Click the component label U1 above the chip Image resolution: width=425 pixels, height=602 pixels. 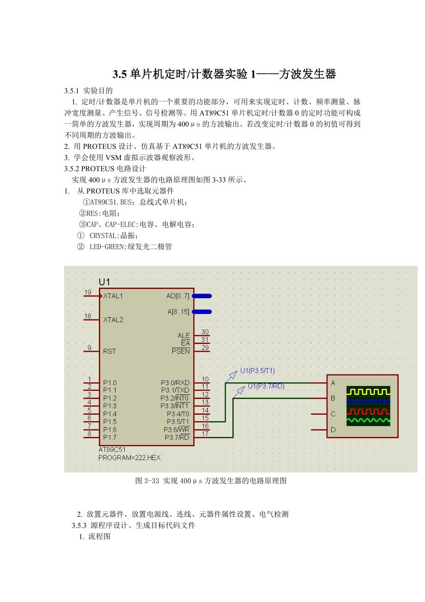(104, 282)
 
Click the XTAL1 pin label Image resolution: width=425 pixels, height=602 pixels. (113, 296)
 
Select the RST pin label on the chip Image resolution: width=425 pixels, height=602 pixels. (109, 351)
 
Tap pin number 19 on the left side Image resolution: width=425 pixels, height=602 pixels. (87, 292)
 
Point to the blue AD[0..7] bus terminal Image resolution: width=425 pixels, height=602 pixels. (201, 296)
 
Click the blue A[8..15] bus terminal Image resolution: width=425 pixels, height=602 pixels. (201, 312)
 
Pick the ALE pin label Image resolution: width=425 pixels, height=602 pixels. (184, 336)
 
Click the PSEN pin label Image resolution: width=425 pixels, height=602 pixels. (181, 351)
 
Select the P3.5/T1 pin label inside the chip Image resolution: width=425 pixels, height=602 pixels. (178, 422)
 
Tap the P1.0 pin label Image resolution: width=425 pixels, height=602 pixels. (110, 383)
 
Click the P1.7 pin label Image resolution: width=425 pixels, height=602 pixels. (110, 437)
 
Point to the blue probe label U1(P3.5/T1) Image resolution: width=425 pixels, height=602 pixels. (257, 371)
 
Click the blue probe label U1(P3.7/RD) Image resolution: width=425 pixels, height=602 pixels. (266, 386)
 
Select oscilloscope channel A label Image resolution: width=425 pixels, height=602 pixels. (333, 383)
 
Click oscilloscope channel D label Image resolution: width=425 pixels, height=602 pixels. (333, 430)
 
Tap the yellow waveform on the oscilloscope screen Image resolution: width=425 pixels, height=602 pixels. (368, 392)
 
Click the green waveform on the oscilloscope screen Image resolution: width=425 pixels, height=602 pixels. (368, 420)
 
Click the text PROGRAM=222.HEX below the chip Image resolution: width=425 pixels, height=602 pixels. (130, 457)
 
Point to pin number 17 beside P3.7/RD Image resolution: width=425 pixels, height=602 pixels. (205, 434)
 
